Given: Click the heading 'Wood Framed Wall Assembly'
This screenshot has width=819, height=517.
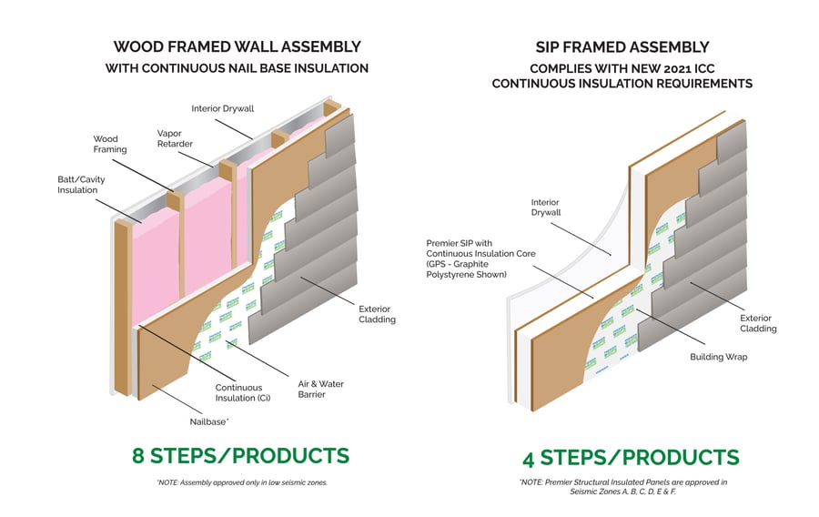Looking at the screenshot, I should (237, 46).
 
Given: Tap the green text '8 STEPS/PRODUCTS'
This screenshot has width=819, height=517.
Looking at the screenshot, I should (240, 455).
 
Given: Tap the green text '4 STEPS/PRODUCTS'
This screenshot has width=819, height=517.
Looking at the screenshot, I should (631, 456).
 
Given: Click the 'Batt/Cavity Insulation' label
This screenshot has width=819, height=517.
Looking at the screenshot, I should (81, 185).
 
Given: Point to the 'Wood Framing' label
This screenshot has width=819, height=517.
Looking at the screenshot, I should (110, 145).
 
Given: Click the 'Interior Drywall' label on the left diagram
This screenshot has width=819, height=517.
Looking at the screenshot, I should (222, 108).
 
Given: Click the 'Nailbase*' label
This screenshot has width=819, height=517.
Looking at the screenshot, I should (208, 421).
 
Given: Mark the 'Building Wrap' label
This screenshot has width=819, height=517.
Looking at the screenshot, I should (718, 357).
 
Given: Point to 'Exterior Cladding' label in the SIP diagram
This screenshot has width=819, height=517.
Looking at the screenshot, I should (757, 323).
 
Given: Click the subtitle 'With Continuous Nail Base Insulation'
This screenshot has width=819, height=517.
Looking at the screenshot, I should (237, 68).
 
